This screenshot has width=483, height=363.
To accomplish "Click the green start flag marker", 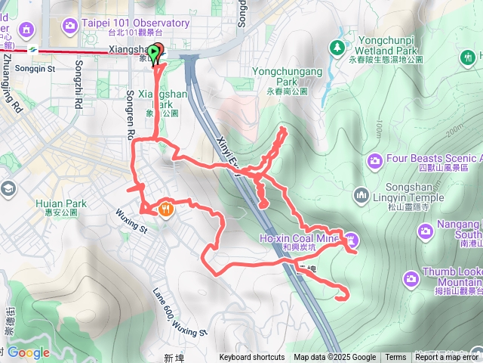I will pos(155,53).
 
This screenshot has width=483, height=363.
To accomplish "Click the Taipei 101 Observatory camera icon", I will pos(69,26).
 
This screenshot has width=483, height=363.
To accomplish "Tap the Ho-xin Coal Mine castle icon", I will pos(352,240).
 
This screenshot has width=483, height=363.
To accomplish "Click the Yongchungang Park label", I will pos(288,76).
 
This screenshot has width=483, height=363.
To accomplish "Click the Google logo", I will pos(29,352).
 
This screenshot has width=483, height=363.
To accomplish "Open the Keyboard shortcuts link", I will pos(252,358).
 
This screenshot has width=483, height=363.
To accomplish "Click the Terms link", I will pos(395,358).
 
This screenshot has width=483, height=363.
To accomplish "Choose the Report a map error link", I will pos(447,358).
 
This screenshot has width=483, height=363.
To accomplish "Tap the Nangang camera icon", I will pos(426,230).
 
